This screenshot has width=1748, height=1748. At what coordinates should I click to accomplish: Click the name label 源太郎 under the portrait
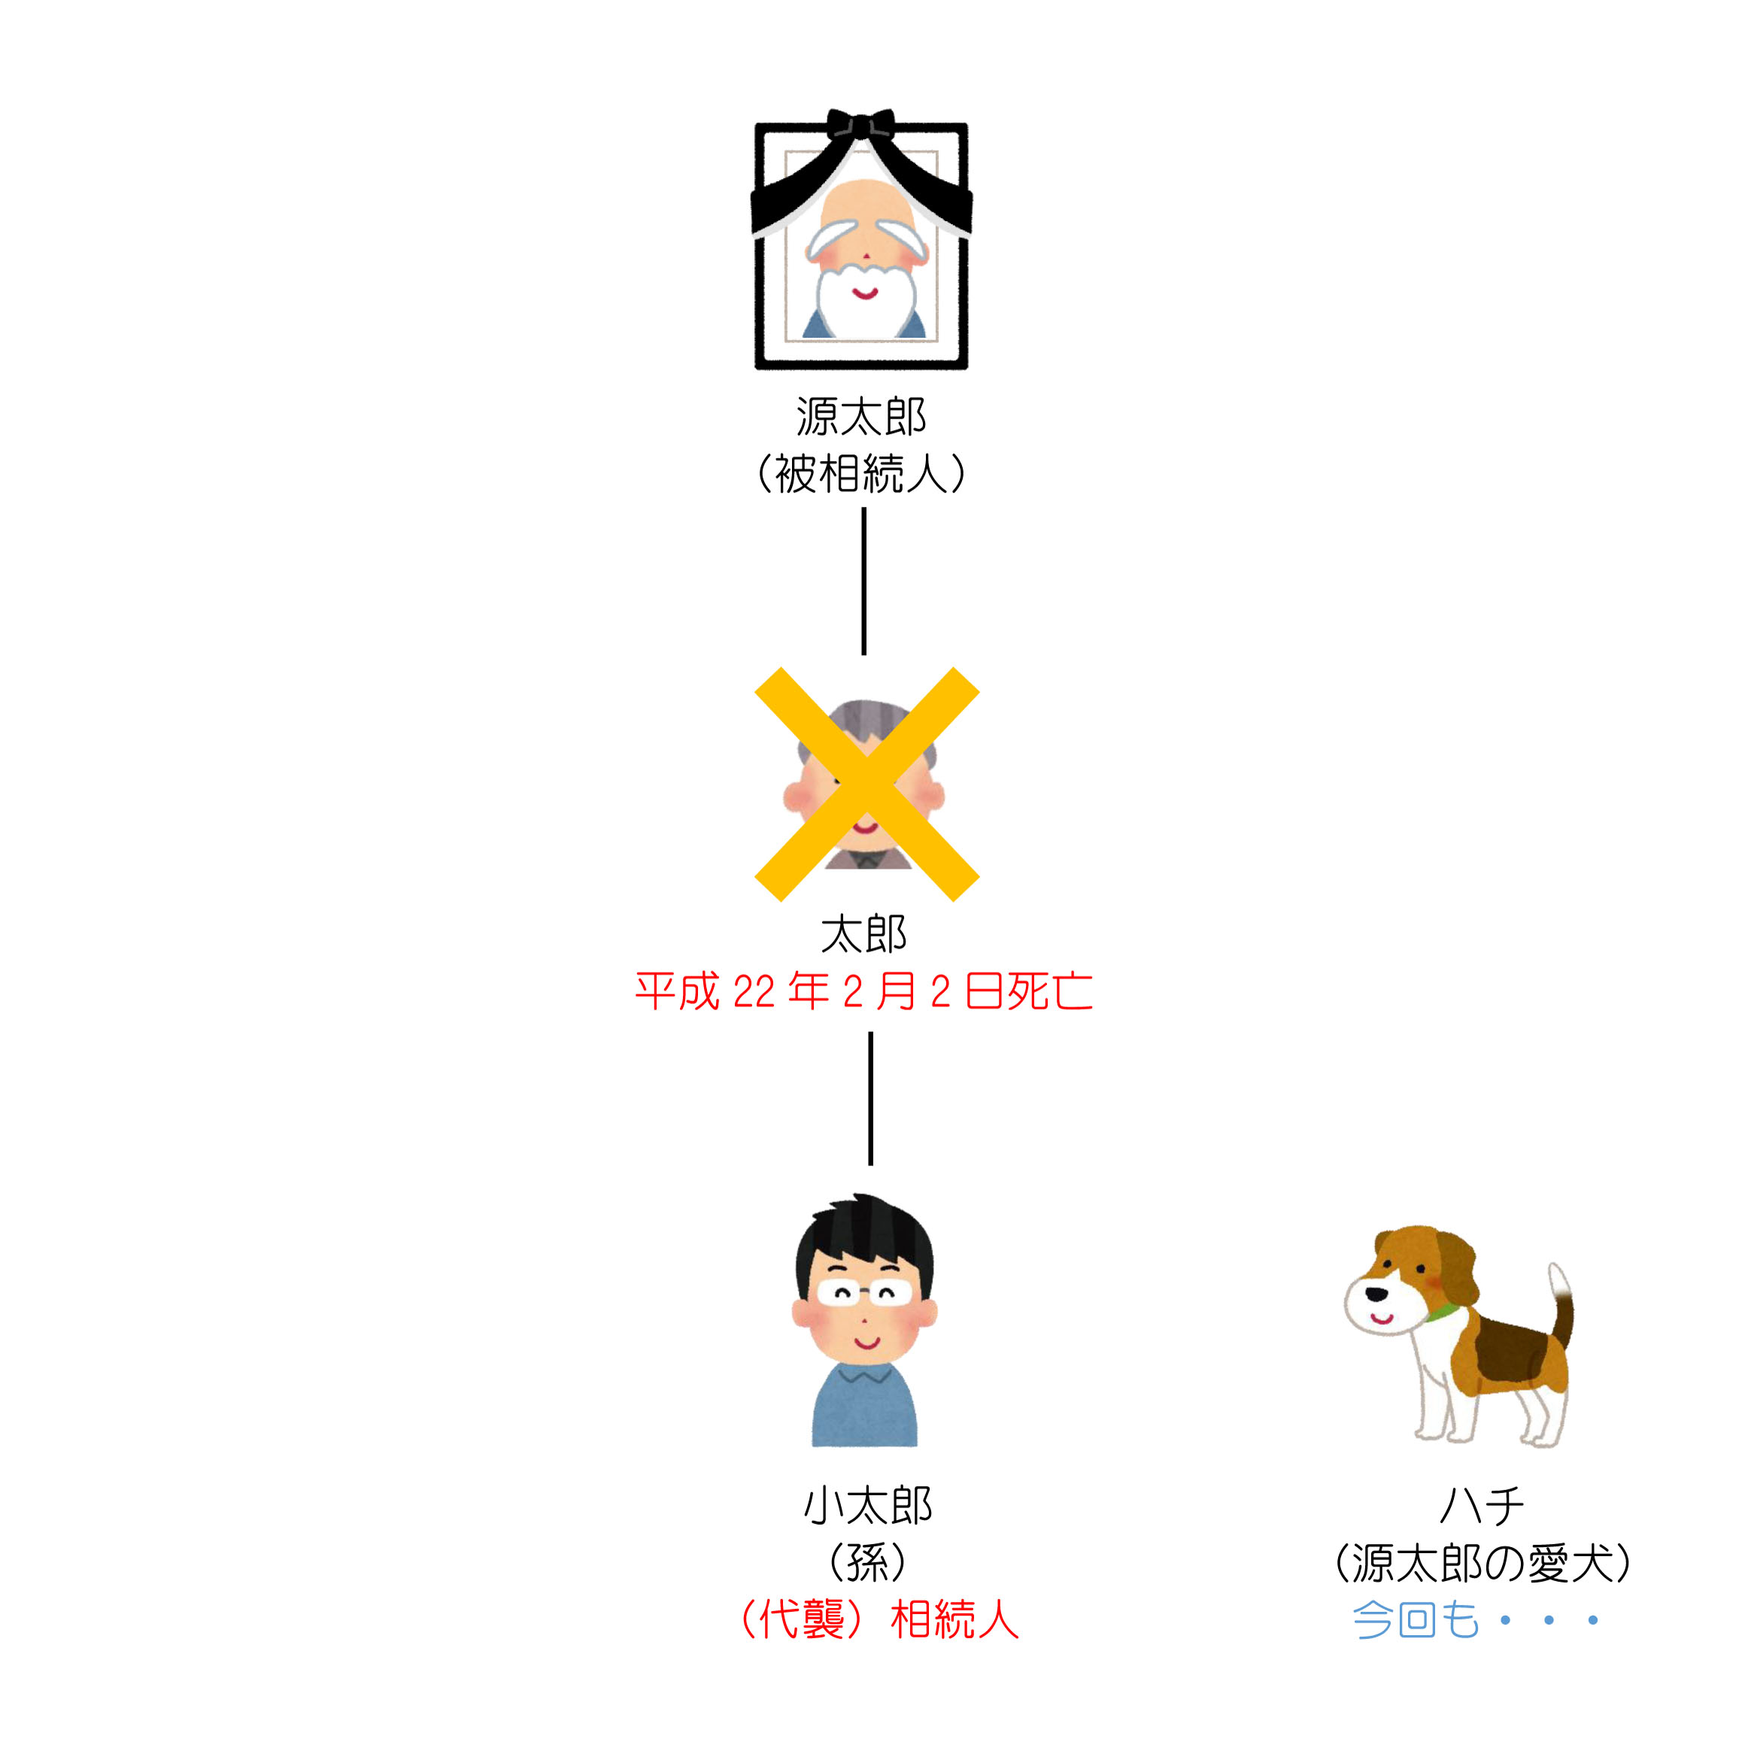coord(861,417)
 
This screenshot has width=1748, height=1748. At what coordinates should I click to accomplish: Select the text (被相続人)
coord(861,473)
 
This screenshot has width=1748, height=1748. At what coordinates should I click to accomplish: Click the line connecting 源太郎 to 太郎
coord(864,581)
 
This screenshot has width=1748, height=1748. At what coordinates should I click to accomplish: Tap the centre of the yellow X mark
coord(866,784)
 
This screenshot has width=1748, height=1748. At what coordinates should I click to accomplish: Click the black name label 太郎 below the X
coord(864,935)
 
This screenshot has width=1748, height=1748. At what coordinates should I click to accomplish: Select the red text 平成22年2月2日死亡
coord(864,991)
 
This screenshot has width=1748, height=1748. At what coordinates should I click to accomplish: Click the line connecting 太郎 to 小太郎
coord(870,1098)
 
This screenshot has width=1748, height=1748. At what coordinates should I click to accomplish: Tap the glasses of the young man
coord(864,1293)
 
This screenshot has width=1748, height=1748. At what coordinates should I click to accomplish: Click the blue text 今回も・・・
coord(1476,1619)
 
